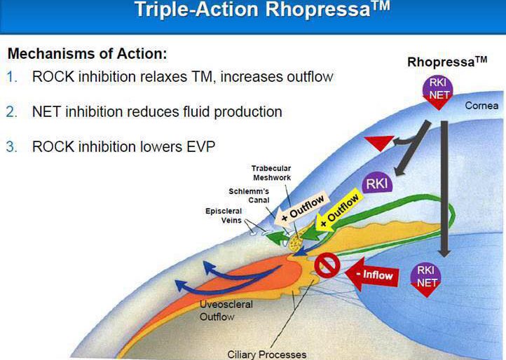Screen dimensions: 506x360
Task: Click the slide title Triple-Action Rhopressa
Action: click(261, 9)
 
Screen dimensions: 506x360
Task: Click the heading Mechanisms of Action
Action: click(88, 53)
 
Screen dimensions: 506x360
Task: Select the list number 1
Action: click(12, 77)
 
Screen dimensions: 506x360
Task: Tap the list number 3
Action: click(12, 147)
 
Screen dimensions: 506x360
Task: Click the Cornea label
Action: click(481, 106)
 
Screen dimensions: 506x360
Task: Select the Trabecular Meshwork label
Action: click(271, 173)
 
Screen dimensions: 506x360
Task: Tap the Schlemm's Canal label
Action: click(249, 195)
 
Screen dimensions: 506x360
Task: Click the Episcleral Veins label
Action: click(224, 216)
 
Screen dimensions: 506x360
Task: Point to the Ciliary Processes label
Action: click(267, 354)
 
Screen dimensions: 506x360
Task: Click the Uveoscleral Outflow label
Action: click(226, 310)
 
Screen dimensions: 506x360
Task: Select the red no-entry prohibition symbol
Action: click(327, 265)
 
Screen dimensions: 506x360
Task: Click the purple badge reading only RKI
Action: click(377, 184)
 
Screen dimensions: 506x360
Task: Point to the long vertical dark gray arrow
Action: click(444, 189)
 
